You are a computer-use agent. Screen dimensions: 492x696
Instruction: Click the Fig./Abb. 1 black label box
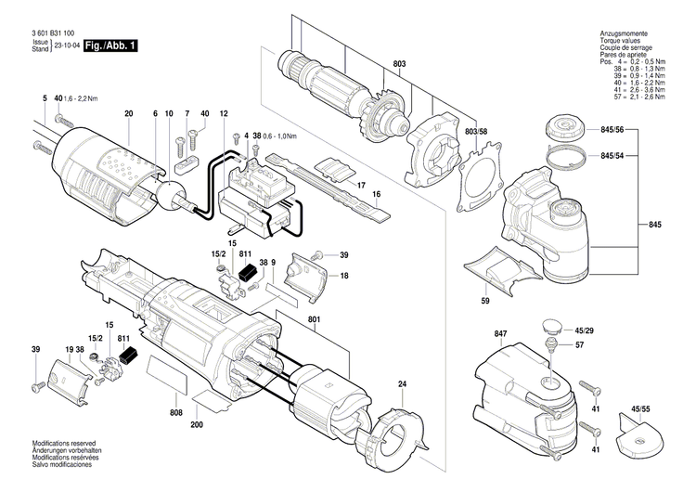[x=110, y=45]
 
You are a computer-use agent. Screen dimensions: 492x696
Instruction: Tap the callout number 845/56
[x=612, y=131]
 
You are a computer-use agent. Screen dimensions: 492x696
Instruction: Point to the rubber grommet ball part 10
[x=171, y=196]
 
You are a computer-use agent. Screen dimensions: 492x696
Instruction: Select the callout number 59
[x=483, y=300]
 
